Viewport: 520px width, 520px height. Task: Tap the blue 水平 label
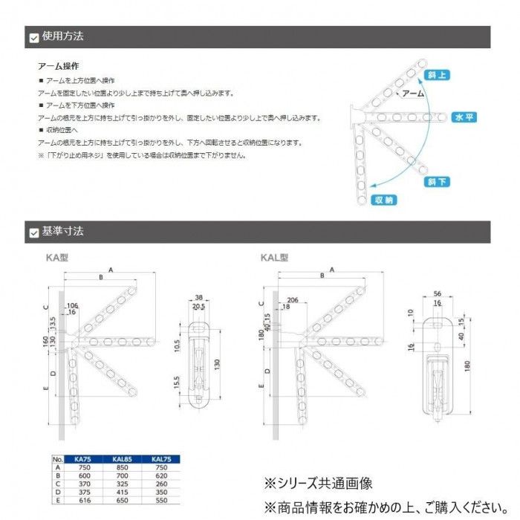(463, 117)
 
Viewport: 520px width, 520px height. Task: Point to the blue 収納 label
(384, 200)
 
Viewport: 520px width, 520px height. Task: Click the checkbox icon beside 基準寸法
(33, 233)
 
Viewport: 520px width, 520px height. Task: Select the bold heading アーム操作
(58, 66)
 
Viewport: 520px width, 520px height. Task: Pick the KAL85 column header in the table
(123, 460)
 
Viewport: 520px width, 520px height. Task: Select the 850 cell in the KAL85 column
(123, 467)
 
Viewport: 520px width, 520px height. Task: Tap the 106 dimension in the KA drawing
(72, 305)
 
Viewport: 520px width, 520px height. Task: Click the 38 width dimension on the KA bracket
(199, 296)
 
